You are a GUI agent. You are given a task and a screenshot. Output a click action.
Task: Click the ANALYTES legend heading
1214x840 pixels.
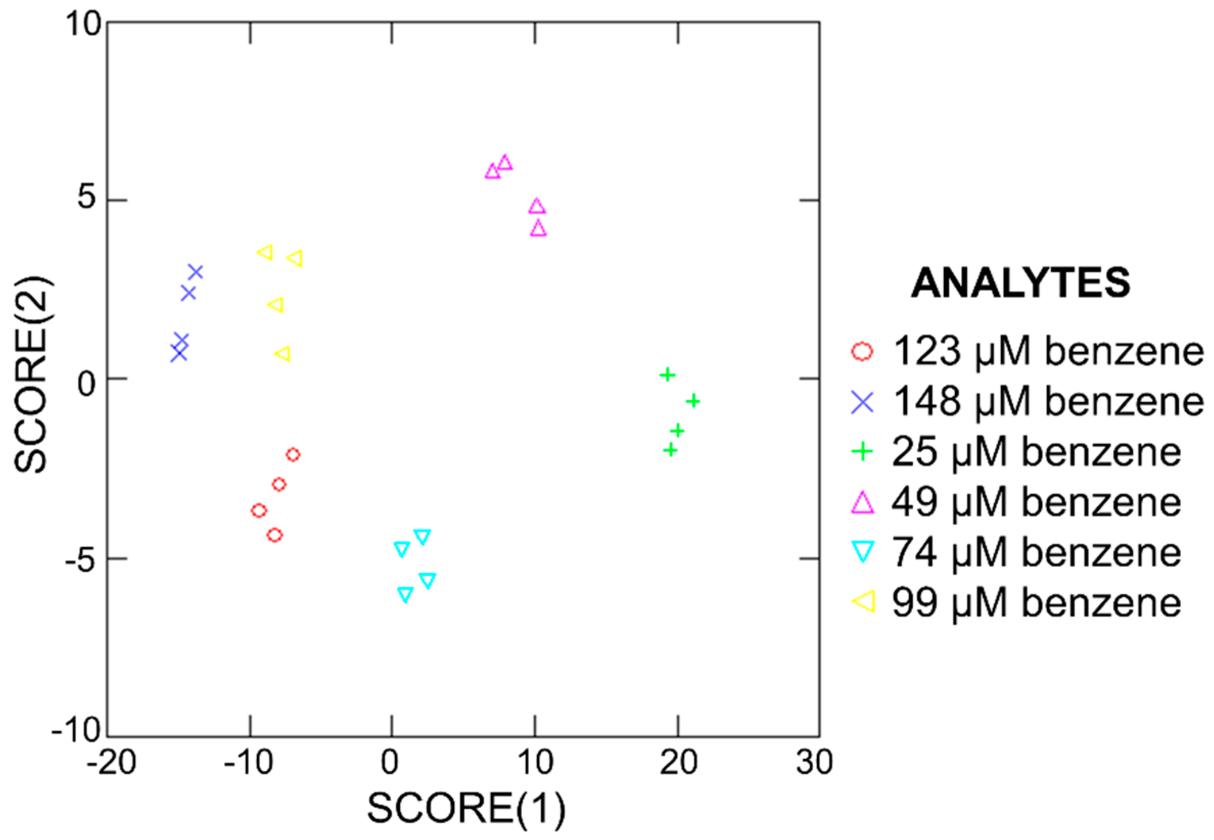1020,283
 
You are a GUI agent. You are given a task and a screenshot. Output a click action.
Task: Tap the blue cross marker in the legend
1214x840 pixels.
862,402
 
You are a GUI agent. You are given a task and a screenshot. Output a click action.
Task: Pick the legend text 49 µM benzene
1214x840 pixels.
1036,502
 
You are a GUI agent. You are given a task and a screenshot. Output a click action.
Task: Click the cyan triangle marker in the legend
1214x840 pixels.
862,552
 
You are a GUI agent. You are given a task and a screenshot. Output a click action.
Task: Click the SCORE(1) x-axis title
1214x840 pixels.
465,808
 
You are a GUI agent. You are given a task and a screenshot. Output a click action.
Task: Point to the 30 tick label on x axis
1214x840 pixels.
814,762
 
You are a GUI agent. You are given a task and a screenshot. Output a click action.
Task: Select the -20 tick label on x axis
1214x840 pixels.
111,762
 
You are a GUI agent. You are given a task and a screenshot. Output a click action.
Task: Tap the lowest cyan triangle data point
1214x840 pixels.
405,594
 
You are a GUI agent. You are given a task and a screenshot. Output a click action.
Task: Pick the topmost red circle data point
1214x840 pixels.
293,455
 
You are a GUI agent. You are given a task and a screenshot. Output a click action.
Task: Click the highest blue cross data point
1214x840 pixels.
195,272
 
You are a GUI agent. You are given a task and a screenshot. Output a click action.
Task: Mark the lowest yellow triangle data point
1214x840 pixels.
283,354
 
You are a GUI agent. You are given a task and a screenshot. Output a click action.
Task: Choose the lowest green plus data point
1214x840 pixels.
670,450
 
